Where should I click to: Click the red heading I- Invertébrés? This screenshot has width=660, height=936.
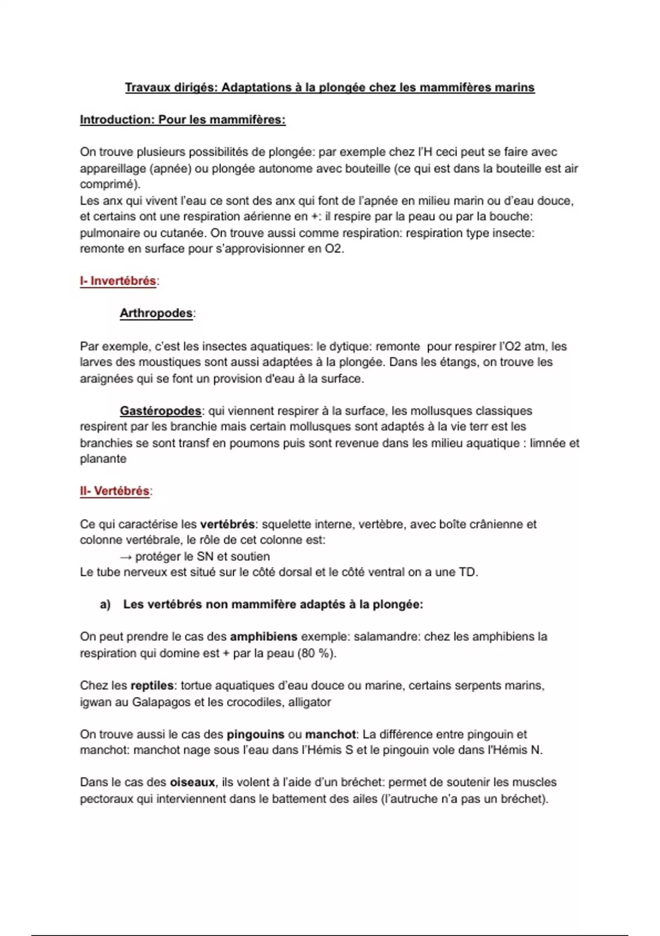pyautogui.click(x=118, y=281)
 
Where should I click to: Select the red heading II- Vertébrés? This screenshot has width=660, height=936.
pyautogui.click(x=115, y=491)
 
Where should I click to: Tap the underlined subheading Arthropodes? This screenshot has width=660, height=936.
pyautogui.click(x=156, y=314)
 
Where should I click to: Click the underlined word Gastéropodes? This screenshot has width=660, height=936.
pyautogui.click(x=161, y=411)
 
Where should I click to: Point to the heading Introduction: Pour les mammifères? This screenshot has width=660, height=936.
pyautogui.click(x=183, y=120)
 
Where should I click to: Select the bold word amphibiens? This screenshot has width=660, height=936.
pyautogui.click(x=263, y=637)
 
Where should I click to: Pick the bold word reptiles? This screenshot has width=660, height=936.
pyautogui.click(x=152, y=686)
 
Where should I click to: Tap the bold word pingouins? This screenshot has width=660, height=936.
pyautogui.click(x=256, y=734)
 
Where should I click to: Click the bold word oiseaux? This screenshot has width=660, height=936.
pyautogui.click(x=193, y=782)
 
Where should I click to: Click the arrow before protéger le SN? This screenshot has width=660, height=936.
pyautogui.click(x=126, y=557)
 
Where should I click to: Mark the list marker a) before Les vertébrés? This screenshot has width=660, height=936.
pyautogui.click(x=105, y=605)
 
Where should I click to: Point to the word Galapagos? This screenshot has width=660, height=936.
pyautogui.click(x=159, y=703)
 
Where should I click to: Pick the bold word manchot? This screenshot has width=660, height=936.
pyautogui.click(x=331, y=734)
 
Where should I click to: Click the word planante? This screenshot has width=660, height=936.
pyautogui.click(x=103, y=459)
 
